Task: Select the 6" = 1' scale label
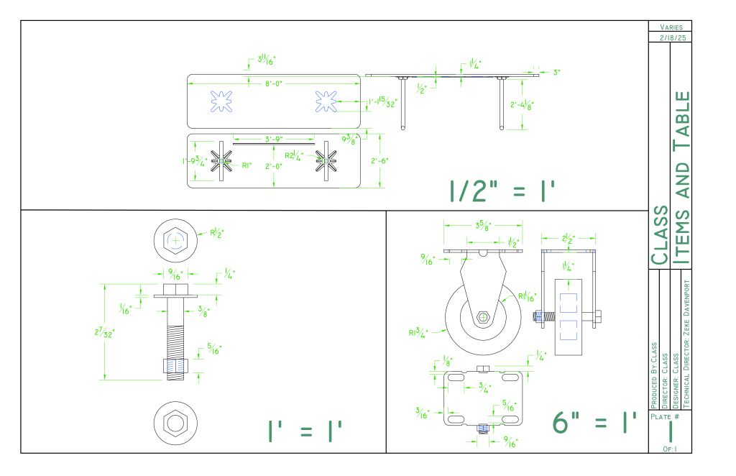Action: (x=596, y=422)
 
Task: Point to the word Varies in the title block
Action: (x=670, y=27)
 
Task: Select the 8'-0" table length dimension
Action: (x=274, y=84)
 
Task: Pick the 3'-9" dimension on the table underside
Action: (x=273, y=139)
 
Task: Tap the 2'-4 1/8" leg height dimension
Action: (x=523, y=105)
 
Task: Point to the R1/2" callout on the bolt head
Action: (x=217, y=233)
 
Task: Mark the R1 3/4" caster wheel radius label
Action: (x=418, y=332)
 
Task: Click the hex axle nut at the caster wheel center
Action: (x=484, y=317)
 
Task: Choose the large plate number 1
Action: (x=670, y=431)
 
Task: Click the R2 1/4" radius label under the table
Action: (x=295, y=155)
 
